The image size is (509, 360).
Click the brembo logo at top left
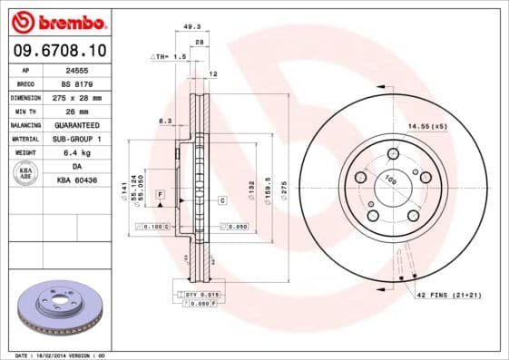coord(59,21)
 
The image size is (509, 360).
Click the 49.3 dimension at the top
coord(192,27)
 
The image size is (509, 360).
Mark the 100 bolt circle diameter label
coord(393,182)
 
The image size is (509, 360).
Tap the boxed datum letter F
coord(160,195)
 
